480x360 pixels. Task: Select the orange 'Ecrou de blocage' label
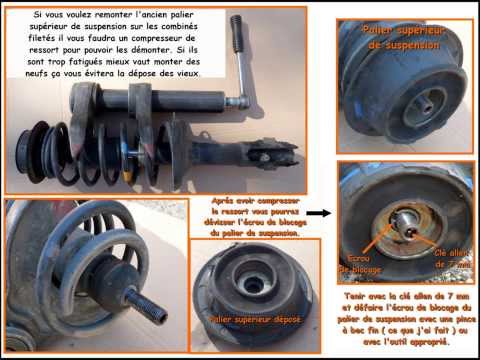click(359, 263)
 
